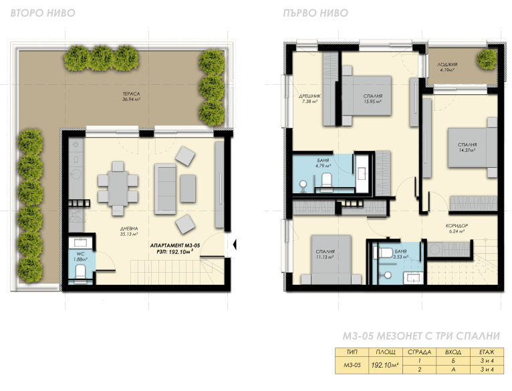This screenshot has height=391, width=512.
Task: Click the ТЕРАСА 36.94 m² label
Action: pyautogui.click(x=131, y=96)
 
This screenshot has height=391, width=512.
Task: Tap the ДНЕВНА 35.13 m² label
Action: pyautogui.click(x=129, y=231)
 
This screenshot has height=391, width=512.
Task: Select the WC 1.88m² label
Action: pyautogui.click(x=80, y=257)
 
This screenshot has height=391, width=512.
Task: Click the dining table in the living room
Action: pyautogui.click(x=118, y=188)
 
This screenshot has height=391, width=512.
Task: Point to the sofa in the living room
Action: pyautogui.click(x=165, y=188)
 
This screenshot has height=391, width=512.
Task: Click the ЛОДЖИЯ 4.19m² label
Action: pyautogui.click(x=447, y=67)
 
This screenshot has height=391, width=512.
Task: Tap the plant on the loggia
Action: pyautogui.click(x=486, y=59)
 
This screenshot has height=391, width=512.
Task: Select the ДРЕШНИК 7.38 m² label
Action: pyautogui.click(x=309, y=99)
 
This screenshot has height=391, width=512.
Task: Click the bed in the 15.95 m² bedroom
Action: pyautogui.click(x=366, y=96)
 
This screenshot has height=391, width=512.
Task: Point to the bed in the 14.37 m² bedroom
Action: pyautogui.click(x=472, y=147)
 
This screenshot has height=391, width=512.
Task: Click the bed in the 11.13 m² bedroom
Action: pyautogui.click(x=331, y=260)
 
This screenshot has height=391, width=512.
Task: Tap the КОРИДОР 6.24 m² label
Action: pyautogui.click(x=457, y=229)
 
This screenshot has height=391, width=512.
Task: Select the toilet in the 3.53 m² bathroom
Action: pyautogui.click(x=385, y=253)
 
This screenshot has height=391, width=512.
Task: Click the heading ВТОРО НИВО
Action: pyautogui.click(x=43, y=13)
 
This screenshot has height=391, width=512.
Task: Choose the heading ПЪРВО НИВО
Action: pyautogui.click(x=315, y=13)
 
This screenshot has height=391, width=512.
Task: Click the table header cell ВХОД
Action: pyautogui.click(x=453, y=352)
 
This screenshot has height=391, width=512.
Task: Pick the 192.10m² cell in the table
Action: pyautogui.click(x=385, y=365)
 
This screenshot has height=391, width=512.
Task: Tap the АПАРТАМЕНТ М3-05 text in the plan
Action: pyautogui.click(x=175, y=245)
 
